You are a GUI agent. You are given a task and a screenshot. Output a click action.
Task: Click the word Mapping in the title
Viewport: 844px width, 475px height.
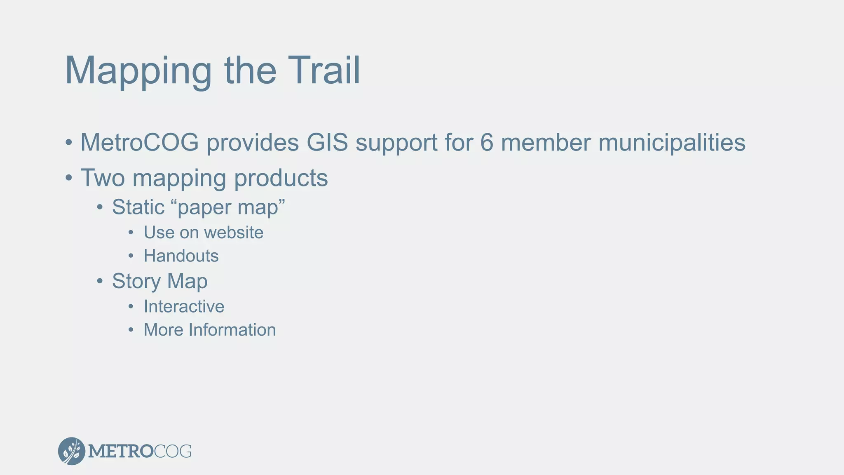pos(138,71)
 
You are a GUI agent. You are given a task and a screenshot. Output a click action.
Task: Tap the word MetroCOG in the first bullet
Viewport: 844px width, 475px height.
pos(139,143)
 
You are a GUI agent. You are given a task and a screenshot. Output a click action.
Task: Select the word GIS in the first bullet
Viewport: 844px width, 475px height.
pos(327,143)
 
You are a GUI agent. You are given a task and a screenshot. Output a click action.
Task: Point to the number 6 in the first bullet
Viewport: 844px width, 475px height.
pos(487,143)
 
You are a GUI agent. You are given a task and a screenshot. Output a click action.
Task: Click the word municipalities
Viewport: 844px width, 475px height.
pos(671,143)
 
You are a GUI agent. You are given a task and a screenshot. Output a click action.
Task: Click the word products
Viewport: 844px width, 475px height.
pos(281,178)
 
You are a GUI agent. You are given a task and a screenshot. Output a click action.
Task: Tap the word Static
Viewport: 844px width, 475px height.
pos(138,207)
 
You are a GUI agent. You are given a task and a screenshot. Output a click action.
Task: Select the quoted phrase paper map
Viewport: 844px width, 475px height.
pos(231,207)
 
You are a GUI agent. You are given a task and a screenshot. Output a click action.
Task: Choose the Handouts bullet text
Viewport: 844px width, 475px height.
pos(181,256)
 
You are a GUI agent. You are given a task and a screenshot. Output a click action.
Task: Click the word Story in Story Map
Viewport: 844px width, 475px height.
pos(136,282)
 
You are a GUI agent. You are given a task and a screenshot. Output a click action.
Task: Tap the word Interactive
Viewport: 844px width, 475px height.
pos(184,307)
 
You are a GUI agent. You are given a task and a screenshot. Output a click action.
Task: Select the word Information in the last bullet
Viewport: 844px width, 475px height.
pos(232,330)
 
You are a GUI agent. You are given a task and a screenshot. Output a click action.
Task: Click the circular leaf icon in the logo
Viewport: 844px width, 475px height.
pos(72,451)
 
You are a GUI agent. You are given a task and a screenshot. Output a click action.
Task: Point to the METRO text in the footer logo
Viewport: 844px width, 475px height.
pos(120,451)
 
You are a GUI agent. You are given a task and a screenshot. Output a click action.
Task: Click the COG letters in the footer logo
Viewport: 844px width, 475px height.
pos(173,451)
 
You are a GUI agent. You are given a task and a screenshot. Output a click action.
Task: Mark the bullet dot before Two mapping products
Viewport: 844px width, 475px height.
pos(69,179)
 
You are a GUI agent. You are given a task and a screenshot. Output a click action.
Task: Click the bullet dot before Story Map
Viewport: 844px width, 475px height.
pos(100,282)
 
